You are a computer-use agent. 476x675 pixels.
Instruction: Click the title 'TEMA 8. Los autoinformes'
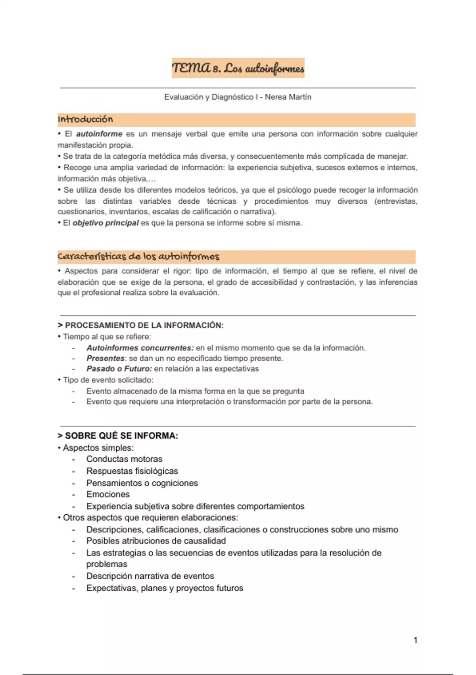tap(238, 68)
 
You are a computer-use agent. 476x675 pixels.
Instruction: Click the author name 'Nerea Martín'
tap(288, 97)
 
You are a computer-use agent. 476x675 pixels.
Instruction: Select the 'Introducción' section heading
tap(85, 119)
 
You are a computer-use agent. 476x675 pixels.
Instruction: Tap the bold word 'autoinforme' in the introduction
tap(99, 134)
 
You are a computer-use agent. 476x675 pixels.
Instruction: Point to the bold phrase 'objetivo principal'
tap(106, 223)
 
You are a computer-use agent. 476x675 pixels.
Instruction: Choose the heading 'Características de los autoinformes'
tap(138, 256)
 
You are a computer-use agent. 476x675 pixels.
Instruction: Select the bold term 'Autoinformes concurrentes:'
tap(140, 348)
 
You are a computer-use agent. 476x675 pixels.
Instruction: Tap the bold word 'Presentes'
tap(105, 358)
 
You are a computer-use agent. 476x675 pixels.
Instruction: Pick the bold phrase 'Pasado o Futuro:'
tap(119, 368)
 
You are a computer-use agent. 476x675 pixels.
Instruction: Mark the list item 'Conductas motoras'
tap(124, 459)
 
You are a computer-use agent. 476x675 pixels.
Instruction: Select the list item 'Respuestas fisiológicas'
tap(132, 471)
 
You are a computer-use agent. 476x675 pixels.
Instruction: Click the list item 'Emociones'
tap(108, 494)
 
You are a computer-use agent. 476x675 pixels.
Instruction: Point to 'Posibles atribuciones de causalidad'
tap(156, 541)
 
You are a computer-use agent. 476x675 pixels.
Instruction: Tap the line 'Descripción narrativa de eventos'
tap(150, 576)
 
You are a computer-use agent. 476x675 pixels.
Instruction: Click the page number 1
tap(415, 640)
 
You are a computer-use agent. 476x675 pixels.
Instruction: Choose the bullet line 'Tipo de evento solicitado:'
tap(108, 380)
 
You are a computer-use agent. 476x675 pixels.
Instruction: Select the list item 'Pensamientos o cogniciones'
tap(142, 483)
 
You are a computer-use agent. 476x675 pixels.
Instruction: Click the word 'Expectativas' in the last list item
tap(111, 588)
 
